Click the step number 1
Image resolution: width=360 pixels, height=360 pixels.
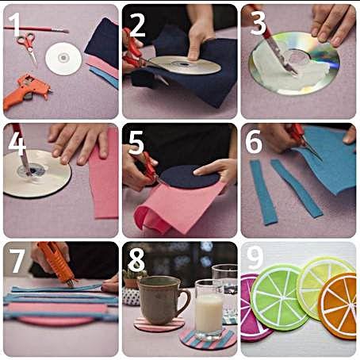coord(14,25)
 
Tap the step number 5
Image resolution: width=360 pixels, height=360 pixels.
coord(136,143)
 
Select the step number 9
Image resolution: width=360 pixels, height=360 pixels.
coord(255,258)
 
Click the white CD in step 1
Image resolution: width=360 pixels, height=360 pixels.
coord(63,59)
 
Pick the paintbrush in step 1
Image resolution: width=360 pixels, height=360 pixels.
coord(36,29)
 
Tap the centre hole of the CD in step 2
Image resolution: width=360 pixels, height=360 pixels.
coord(183,64)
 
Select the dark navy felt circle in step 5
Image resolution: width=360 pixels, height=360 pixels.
coord(189,177)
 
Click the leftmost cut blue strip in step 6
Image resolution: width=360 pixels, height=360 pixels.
coord(263,193)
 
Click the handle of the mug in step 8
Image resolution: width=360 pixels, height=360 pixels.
coord(185,302)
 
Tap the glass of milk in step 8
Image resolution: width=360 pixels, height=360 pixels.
coord(209,310)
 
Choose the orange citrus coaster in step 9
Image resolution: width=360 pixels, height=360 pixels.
coord(339,306)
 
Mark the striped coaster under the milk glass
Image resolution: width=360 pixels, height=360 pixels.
coord(208,339)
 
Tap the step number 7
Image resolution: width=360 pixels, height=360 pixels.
coord(17,261)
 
